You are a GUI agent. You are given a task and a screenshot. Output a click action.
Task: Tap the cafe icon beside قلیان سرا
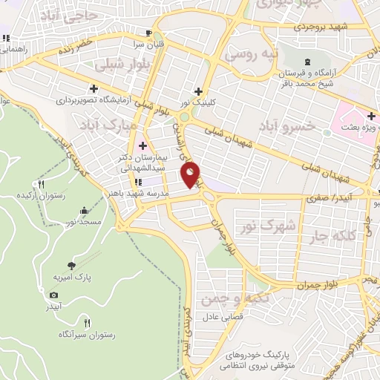pyautogui.click(x=148, y=33)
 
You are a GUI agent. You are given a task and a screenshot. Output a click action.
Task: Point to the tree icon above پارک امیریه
pyautogui.click(x=71, y=265)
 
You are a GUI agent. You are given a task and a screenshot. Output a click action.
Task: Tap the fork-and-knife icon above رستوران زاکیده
pyautogui.click(x=42, y=185)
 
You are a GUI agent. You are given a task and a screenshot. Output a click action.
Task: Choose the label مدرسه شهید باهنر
pyautogui.click(x=138, y=191)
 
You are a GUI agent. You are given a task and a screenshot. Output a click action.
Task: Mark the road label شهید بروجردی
pyautogui.click(x=321, y=27)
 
